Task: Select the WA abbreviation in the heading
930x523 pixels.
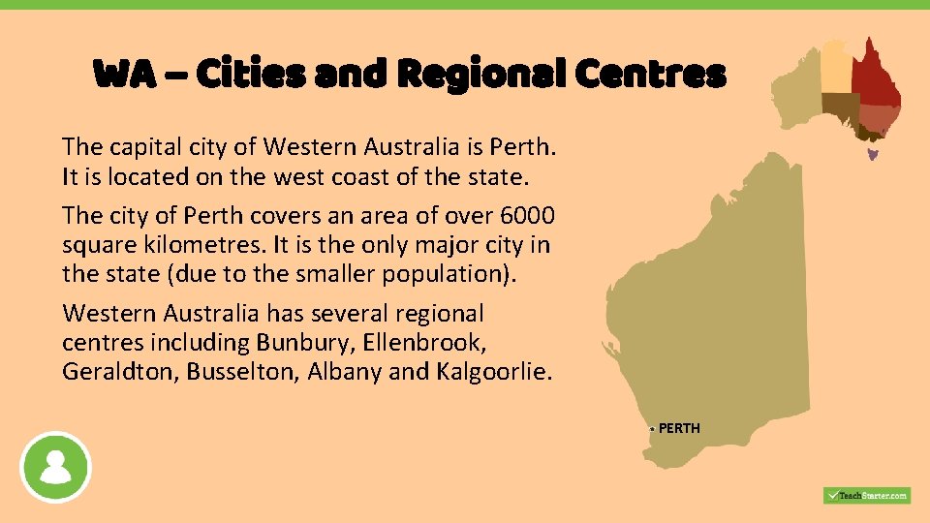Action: [x=124, y=74]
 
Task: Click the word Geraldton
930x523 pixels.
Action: [x=120, y=372]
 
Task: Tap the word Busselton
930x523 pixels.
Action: [x=242, y=372]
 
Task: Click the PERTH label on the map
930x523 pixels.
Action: [x=679, y=428]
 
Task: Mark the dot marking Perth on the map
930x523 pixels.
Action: [x=653, y=428]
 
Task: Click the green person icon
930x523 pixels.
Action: [x=56, y=467]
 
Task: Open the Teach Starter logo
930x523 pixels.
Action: [x=866, y=495]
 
